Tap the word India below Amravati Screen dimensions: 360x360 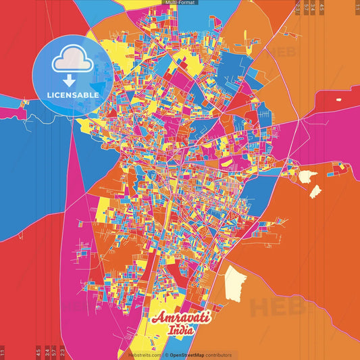click(x=180, y=330)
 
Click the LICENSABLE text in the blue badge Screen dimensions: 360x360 click(x=74, y=94)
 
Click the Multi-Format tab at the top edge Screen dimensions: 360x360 click(x=180, y=3)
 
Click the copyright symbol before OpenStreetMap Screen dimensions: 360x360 click(x=166, y=355)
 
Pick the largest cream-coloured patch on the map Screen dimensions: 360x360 click(x=236, y=282)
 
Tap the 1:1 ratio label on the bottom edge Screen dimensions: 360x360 click(x=3, y=352)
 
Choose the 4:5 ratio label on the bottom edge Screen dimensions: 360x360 click(x=38, y=352)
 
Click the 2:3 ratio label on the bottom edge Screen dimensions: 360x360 click(x=63, y=352)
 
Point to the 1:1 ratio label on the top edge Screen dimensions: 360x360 click(x=357, y=7)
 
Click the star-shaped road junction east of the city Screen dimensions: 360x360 click(x=298, y=122)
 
